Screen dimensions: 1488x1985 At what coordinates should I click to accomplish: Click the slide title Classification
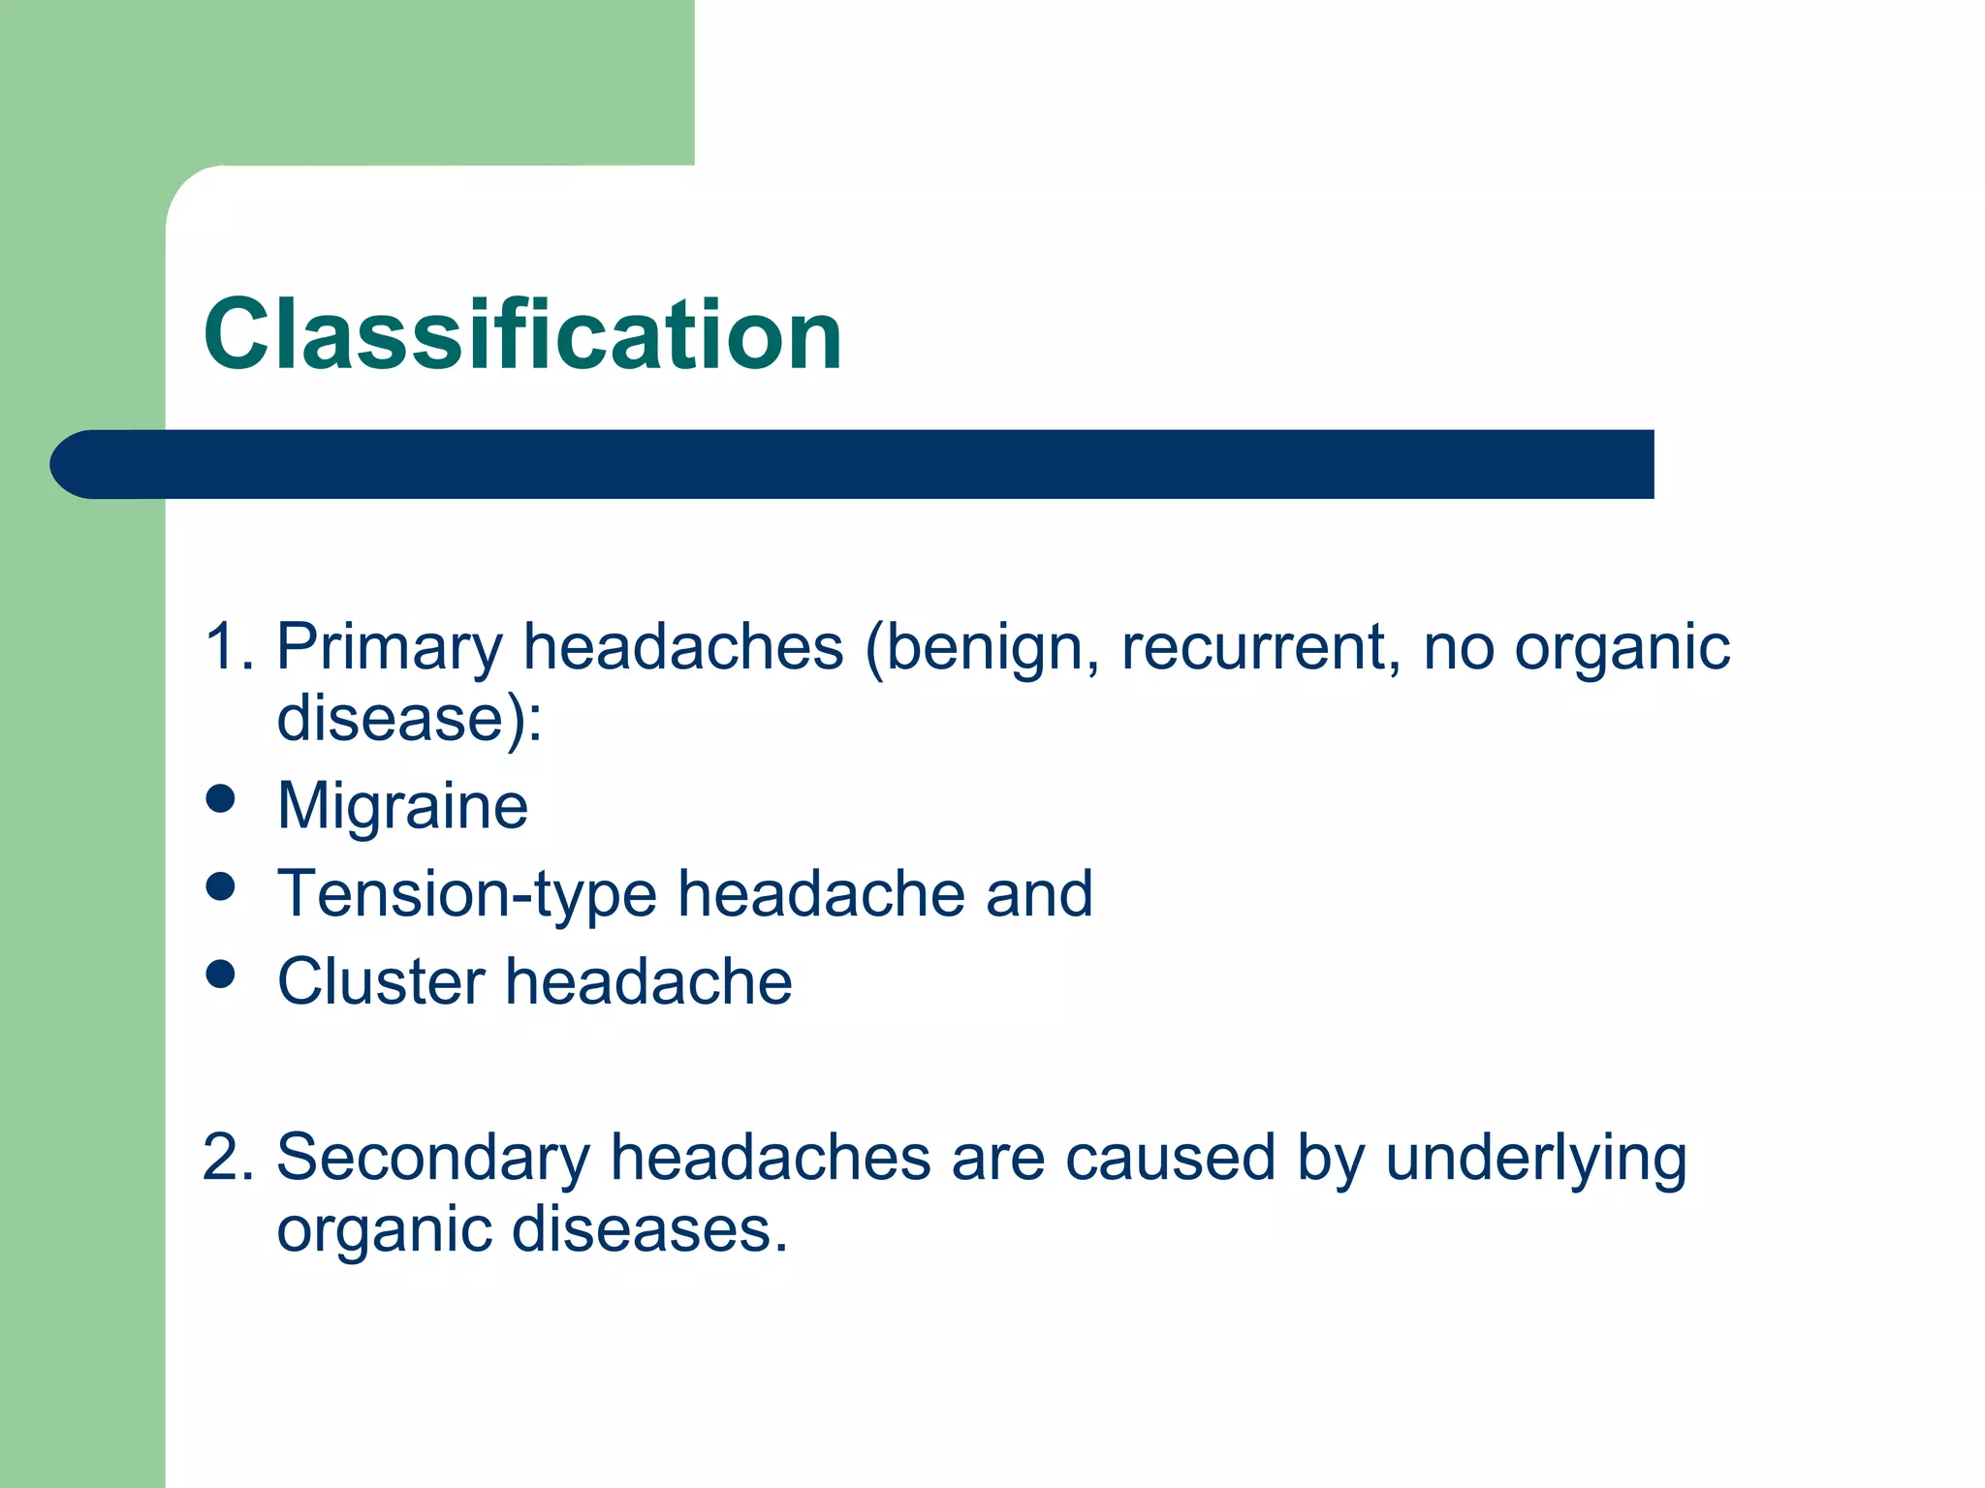click(x=522, y=334)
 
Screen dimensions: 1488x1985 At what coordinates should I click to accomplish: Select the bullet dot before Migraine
click(x=221, y=799)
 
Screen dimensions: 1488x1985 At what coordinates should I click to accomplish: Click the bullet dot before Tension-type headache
click(x=221, y=886)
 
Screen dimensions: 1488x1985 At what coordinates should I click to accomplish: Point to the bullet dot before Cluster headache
click(x=221, y=975)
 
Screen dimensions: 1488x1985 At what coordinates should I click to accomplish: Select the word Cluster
click(x=380, y=981)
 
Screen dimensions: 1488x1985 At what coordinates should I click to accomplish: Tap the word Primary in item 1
click(x=390, y=647)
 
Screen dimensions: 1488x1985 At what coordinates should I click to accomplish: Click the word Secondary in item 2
click(x=432, y=1158)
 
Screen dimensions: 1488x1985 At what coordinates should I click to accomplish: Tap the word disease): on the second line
click(x=409, y=718)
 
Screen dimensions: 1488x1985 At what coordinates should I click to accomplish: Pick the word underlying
click(x=1536, y=1158)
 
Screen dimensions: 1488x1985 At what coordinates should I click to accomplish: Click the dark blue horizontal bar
click(x=853, y=464)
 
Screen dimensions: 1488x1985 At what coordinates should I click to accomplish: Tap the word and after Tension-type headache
click(x=1039, y=893)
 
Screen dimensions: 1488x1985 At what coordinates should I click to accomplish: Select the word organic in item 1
click(x=1622, y=647)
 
